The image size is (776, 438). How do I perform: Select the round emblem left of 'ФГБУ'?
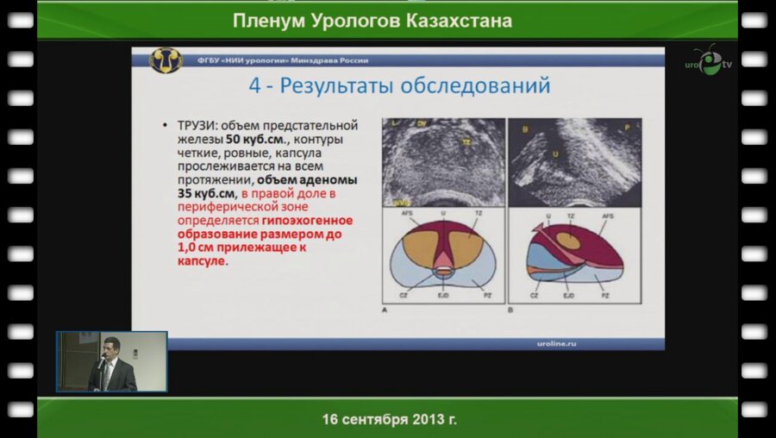tap(166, 60)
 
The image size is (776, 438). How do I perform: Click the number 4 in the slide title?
tap(254, 86)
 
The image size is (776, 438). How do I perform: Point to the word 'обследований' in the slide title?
tap(472, 86)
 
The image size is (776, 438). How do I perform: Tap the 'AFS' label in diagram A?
tap(404, 212)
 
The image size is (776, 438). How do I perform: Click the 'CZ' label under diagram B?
tap(535, 296)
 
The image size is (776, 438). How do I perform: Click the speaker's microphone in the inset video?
tap(101, 363)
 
